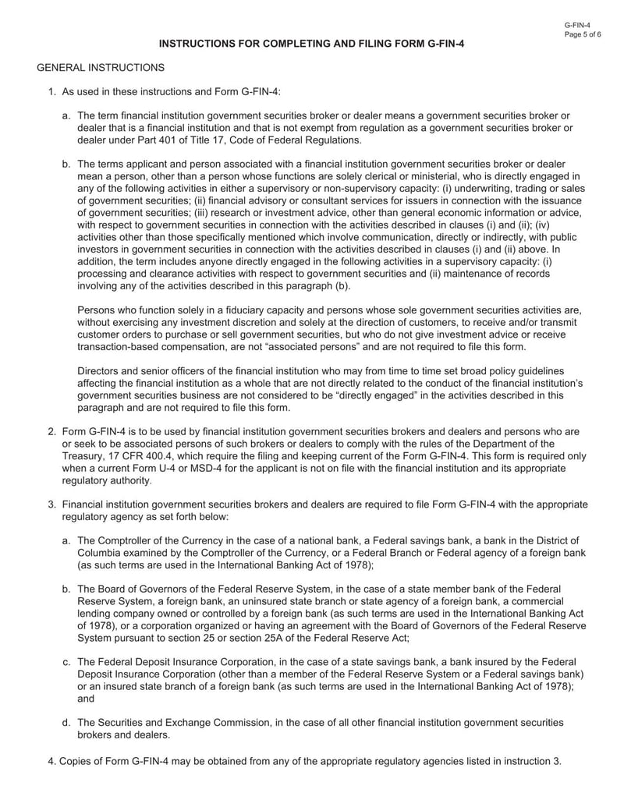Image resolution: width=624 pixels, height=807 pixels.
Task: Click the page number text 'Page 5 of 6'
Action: pyautogui.click(x=582, y=35)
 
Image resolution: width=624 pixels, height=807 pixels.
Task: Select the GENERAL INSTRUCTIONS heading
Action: pyautogui.click(x=101, y=69)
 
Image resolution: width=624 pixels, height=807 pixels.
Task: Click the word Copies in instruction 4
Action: pyautogui.click(x=79, y=761)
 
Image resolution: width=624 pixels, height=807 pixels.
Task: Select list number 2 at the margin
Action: pyautogui.click(x=51, y=431)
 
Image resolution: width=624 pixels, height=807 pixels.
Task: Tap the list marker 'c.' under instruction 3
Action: pyautogui.click(x=67, y=662)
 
